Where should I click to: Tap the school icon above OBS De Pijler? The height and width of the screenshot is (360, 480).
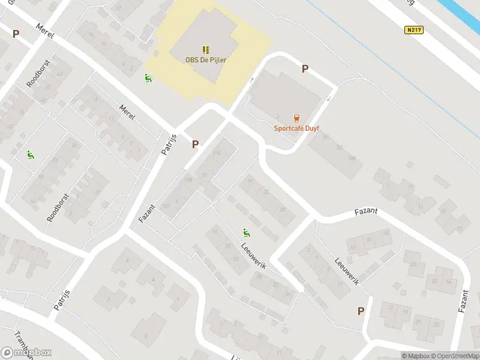pyautogui.click(x=206, y=49)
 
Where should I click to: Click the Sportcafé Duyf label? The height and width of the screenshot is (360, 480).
pyautogui.click(x=296, y=127)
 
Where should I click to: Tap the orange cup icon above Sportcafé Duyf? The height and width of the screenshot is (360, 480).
pyautogui.click(x=296, y=118)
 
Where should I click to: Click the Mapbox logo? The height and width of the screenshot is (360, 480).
pyautogui.click(x=26, y=353)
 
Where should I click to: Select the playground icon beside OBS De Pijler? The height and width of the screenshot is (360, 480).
pyautogui.click(x=148, y=77)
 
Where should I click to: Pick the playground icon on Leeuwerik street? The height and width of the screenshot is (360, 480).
pyautogui.click(x=246, y=232)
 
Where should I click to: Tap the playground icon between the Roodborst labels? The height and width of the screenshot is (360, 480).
pyautogui.click(x=30, y=155)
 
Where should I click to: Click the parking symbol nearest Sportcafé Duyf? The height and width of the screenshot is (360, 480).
pyautogui.click(x=305, y=69)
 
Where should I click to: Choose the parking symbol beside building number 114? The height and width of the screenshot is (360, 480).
pyautogui.click(x=195, y=144)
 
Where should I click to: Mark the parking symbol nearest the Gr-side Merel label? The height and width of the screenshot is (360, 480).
pyautogui.click(x=16, y=34)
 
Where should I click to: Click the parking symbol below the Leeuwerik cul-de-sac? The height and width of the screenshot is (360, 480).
pyautogui.click(x=361, y=311)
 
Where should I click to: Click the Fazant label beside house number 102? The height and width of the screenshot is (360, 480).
pyautogui.click(x=147, y=213)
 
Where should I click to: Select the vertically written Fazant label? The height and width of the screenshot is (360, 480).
pyautogui.click(x=462, y=298)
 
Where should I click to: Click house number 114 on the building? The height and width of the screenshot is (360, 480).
pyautogui.click(x=217, y=154)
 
